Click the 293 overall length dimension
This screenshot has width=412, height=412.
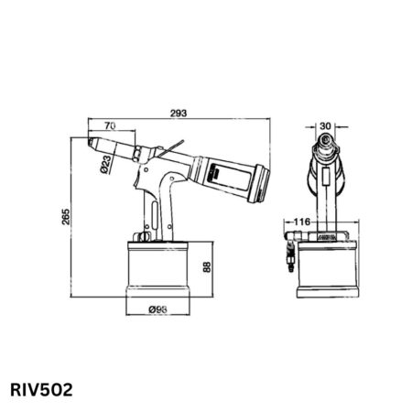(179, 113)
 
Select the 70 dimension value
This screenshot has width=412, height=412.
(110, 125)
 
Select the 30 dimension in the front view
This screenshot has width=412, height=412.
(328, 125)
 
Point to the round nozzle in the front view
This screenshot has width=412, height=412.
(327, 145)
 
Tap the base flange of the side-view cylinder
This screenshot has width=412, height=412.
(157, 294)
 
